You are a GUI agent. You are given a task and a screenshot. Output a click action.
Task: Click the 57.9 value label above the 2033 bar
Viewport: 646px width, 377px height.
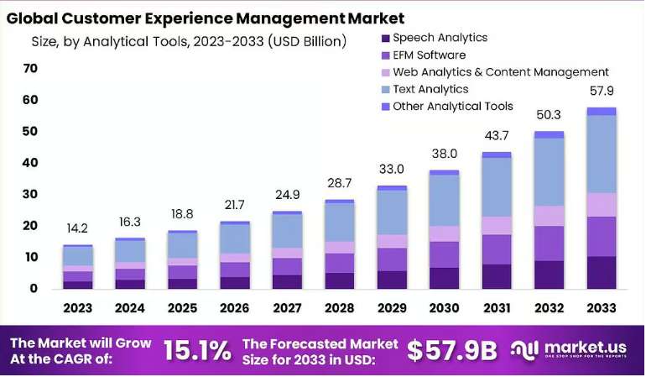(602, 91)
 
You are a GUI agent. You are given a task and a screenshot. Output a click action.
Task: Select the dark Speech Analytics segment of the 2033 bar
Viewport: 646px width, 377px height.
(602, 273)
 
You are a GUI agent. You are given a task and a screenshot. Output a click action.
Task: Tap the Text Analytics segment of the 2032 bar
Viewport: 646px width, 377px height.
(550, 172)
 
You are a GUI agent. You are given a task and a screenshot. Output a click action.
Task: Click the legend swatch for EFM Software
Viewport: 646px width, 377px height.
(386, 55)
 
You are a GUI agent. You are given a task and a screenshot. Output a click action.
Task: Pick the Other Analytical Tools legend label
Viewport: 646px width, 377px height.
(453, 107)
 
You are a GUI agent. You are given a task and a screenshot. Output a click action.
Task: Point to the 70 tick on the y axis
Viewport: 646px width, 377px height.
(30, 68)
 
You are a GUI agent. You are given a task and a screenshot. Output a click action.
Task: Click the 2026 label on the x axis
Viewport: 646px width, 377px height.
(234, 308)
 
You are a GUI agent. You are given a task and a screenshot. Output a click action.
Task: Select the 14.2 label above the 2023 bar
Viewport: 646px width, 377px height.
(77, 228)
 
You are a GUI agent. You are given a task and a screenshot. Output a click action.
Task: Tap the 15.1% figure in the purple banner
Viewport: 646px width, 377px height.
(197, 351)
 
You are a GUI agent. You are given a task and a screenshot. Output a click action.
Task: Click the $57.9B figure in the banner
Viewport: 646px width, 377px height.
(452, 351)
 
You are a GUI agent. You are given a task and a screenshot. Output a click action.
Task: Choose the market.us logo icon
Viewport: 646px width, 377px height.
(524, 350)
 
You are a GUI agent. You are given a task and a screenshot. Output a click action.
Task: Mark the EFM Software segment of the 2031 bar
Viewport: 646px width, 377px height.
(497, 249)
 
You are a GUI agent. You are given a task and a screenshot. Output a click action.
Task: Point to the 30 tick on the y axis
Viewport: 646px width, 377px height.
(30, 194)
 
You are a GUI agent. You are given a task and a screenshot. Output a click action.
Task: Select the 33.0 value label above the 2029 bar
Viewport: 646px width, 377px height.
(392, 169)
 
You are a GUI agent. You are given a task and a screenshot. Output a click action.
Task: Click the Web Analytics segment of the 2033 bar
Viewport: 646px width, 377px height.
(602, 205)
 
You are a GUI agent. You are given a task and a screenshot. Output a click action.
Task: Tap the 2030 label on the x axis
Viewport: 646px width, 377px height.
(444, 308)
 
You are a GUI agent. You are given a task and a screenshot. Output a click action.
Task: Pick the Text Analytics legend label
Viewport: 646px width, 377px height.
(430, 90)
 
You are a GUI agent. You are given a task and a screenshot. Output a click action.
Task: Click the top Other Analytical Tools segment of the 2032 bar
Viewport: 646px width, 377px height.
(550, 135)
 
